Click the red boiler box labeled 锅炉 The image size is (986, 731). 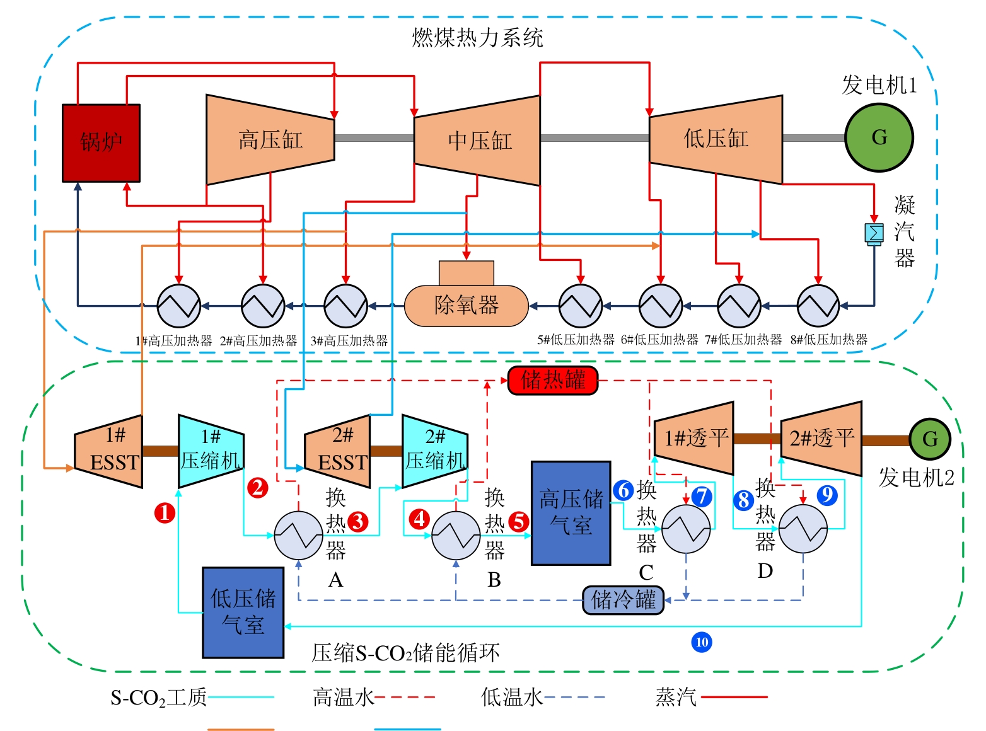[x=101, y=143]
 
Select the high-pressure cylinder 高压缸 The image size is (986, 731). [x=270, y=140]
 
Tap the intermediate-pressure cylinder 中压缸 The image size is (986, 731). [x=478, y=141]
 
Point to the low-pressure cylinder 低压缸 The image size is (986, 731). [x=716, y=139]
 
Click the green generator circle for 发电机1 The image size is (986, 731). [x=879, y=137]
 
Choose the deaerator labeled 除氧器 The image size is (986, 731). [x=467, y=305]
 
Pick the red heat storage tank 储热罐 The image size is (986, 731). [x=553, y=380]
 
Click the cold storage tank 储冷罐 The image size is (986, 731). [x=623, y=599]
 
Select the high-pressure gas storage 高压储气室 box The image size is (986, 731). [x=571, y=513]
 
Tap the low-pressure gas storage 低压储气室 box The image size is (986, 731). [x=243, y=612]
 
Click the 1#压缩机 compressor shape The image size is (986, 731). [x=211, y=451]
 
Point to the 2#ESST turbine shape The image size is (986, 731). [x=338, y=451]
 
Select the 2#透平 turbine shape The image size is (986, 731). [x=821, y=439]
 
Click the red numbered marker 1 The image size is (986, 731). [x=165, y=513]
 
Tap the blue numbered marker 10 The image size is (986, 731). [x=702, y=642]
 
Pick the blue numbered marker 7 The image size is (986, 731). [x=702, y=497]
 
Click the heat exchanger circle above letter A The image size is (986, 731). [x=299, y=535]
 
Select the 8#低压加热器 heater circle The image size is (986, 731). [x=818, y=306]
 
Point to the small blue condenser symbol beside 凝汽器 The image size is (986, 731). [x=874, y=233]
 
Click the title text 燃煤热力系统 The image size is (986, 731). [x=477, y=38]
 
